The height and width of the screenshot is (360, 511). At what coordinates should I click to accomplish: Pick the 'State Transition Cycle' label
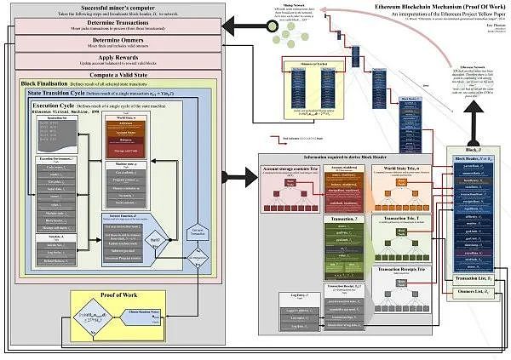coord(59,92)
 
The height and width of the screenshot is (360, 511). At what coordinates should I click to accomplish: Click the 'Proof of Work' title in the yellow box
coord(120,295)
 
